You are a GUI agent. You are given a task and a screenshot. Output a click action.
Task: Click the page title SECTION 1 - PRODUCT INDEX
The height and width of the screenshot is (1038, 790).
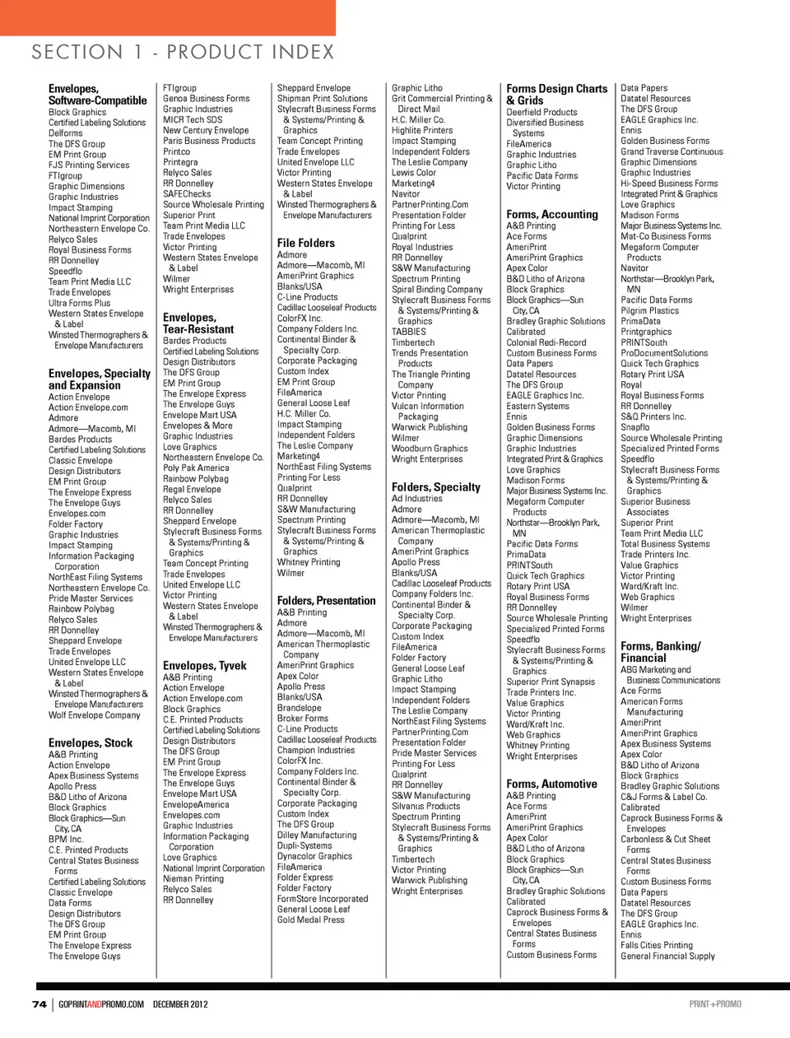point(183,53)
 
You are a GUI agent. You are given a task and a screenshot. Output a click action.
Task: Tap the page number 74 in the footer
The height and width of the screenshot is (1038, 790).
point(39,1004)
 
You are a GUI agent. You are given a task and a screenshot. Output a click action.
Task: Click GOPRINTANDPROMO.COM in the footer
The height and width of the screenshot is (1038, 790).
point(101,1004)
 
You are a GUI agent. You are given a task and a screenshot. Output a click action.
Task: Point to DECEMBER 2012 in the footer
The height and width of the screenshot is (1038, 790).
point(180,1004)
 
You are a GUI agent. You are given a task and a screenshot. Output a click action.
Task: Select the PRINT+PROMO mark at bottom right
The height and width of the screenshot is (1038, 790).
point(715,1004)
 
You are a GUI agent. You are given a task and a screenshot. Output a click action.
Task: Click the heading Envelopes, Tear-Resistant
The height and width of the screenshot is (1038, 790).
point(198,324)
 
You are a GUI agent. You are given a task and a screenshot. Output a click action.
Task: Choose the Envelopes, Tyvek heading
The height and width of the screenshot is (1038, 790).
point(204,665)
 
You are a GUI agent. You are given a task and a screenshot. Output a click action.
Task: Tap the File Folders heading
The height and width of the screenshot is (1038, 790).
point(306,243)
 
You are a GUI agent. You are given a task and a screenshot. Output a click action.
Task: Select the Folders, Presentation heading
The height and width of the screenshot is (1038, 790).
point(326,601)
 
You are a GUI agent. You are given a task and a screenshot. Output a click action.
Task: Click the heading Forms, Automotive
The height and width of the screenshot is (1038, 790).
point(551,784)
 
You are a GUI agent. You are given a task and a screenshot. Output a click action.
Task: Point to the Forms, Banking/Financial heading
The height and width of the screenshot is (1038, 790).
point(660,652)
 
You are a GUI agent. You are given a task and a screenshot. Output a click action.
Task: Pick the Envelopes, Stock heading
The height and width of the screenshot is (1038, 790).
point(91,742)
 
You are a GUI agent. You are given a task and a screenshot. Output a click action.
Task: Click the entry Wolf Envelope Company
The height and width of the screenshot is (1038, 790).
point(95,715)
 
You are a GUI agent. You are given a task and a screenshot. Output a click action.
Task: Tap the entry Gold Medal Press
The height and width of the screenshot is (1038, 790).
point(311,919)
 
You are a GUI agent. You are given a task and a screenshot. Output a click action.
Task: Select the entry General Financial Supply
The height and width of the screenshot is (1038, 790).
point(667,957)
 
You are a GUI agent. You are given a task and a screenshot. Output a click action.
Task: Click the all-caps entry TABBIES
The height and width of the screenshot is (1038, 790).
point(408,332)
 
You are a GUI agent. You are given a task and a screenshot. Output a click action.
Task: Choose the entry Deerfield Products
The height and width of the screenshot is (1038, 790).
point(541,112)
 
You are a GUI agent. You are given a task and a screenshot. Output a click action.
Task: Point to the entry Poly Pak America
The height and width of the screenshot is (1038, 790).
point(196,468)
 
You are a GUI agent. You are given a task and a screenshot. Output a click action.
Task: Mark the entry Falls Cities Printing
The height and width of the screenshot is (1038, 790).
point(657,946)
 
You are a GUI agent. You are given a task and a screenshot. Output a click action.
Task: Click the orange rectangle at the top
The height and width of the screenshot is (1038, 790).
point(167,17)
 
